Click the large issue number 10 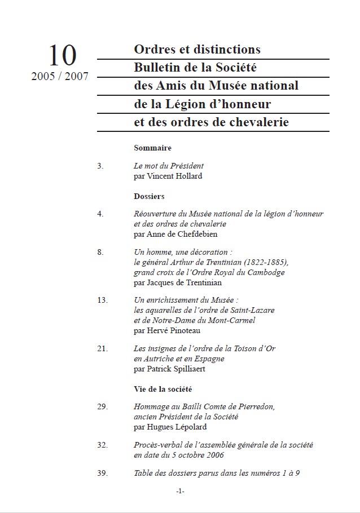point(62,56)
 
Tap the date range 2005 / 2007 point(60,77)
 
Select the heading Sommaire point(152,148)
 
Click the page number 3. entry point(100,166)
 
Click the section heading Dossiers point(149,197)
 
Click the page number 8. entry point(100,253)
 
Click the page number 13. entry point(102,300)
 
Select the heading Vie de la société point(163,389)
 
